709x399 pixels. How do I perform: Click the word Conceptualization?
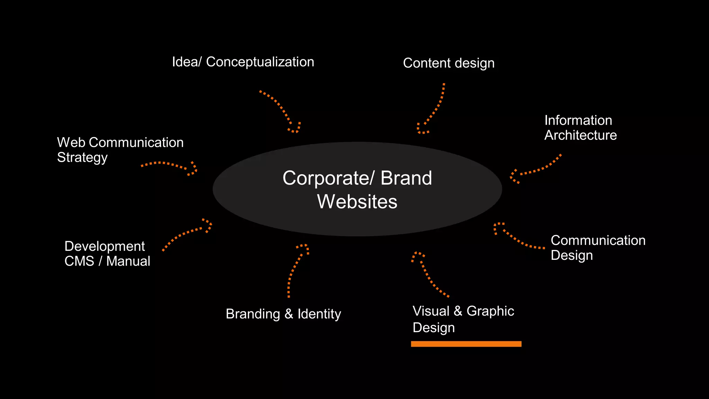click(260, 62)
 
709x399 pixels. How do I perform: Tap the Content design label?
click(449, 63)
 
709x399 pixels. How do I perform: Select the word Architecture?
click(581, 135)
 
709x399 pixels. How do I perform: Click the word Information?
click(578, 120)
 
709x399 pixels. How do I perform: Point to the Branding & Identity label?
click(283, 314)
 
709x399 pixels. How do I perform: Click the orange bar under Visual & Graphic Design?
click(466, 344)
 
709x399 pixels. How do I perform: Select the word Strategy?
click(82, 158)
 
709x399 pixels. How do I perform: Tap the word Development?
click(105, 246)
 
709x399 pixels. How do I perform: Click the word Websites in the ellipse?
click(357, 202)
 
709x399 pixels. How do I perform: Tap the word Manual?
click(128, 261)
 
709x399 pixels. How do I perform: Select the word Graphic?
click(490, 311)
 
